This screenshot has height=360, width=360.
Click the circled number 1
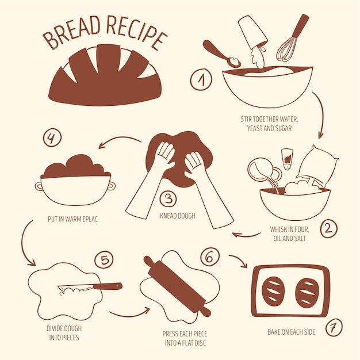201,79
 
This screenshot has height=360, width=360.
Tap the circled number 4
52,137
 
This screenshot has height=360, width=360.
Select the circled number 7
334,327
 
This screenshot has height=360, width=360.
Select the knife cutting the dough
90,287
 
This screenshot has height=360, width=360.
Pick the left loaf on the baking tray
273,291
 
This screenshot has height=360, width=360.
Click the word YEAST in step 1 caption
255,128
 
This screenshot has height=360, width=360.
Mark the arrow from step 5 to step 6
130,314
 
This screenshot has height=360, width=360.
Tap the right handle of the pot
112,186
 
